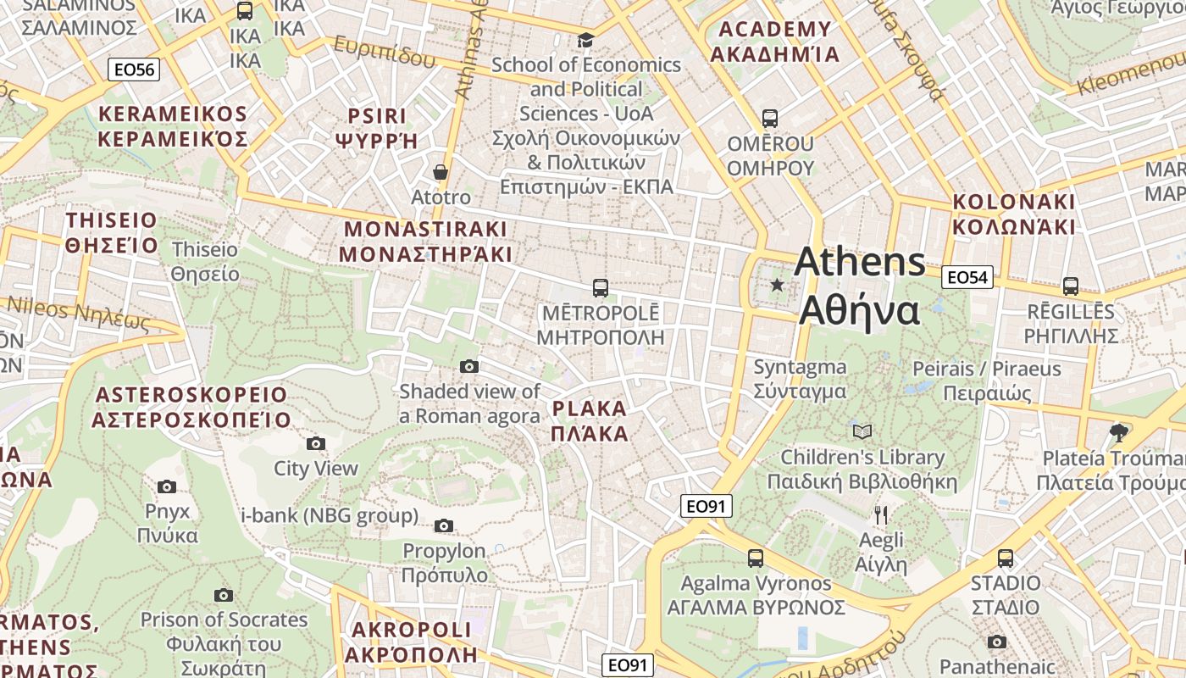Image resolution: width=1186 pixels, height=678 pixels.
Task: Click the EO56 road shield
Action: click(134, 69)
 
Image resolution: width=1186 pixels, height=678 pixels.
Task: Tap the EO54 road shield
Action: click(967, 277)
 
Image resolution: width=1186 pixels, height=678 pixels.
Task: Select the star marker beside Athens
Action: click(777, 285)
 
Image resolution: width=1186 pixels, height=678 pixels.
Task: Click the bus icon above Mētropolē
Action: click(600, 287)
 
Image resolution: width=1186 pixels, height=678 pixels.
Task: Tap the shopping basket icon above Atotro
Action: click(440, 172)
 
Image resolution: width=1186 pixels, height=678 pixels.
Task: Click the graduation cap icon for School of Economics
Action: click(585, 40)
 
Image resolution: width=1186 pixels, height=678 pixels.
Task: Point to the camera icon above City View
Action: click(316, 443)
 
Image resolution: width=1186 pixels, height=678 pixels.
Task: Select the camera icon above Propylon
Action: click(444, 525)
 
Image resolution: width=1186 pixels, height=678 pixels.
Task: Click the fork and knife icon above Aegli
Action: click(881, 514)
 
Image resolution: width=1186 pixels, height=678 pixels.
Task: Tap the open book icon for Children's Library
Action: click(862, 431)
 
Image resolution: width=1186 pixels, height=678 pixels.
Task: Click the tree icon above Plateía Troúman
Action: click(1118, 432)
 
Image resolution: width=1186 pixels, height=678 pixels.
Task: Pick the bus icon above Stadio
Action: click(1006, 558)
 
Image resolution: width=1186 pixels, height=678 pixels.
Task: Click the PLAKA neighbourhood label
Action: click(590, 409)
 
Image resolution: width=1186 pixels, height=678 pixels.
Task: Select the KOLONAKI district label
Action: click(1013, 203)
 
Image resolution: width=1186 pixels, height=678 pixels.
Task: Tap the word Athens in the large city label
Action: click(859, 262)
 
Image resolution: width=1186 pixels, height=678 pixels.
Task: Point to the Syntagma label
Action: click(800, 367)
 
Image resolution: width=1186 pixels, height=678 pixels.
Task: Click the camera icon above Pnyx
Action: click(167, 486)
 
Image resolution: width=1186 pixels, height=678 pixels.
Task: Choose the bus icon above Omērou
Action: click(769, 119)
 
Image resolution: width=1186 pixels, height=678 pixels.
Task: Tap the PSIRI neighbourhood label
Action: click(378, 115)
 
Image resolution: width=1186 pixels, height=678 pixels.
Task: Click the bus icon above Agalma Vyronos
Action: click(755, 558)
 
